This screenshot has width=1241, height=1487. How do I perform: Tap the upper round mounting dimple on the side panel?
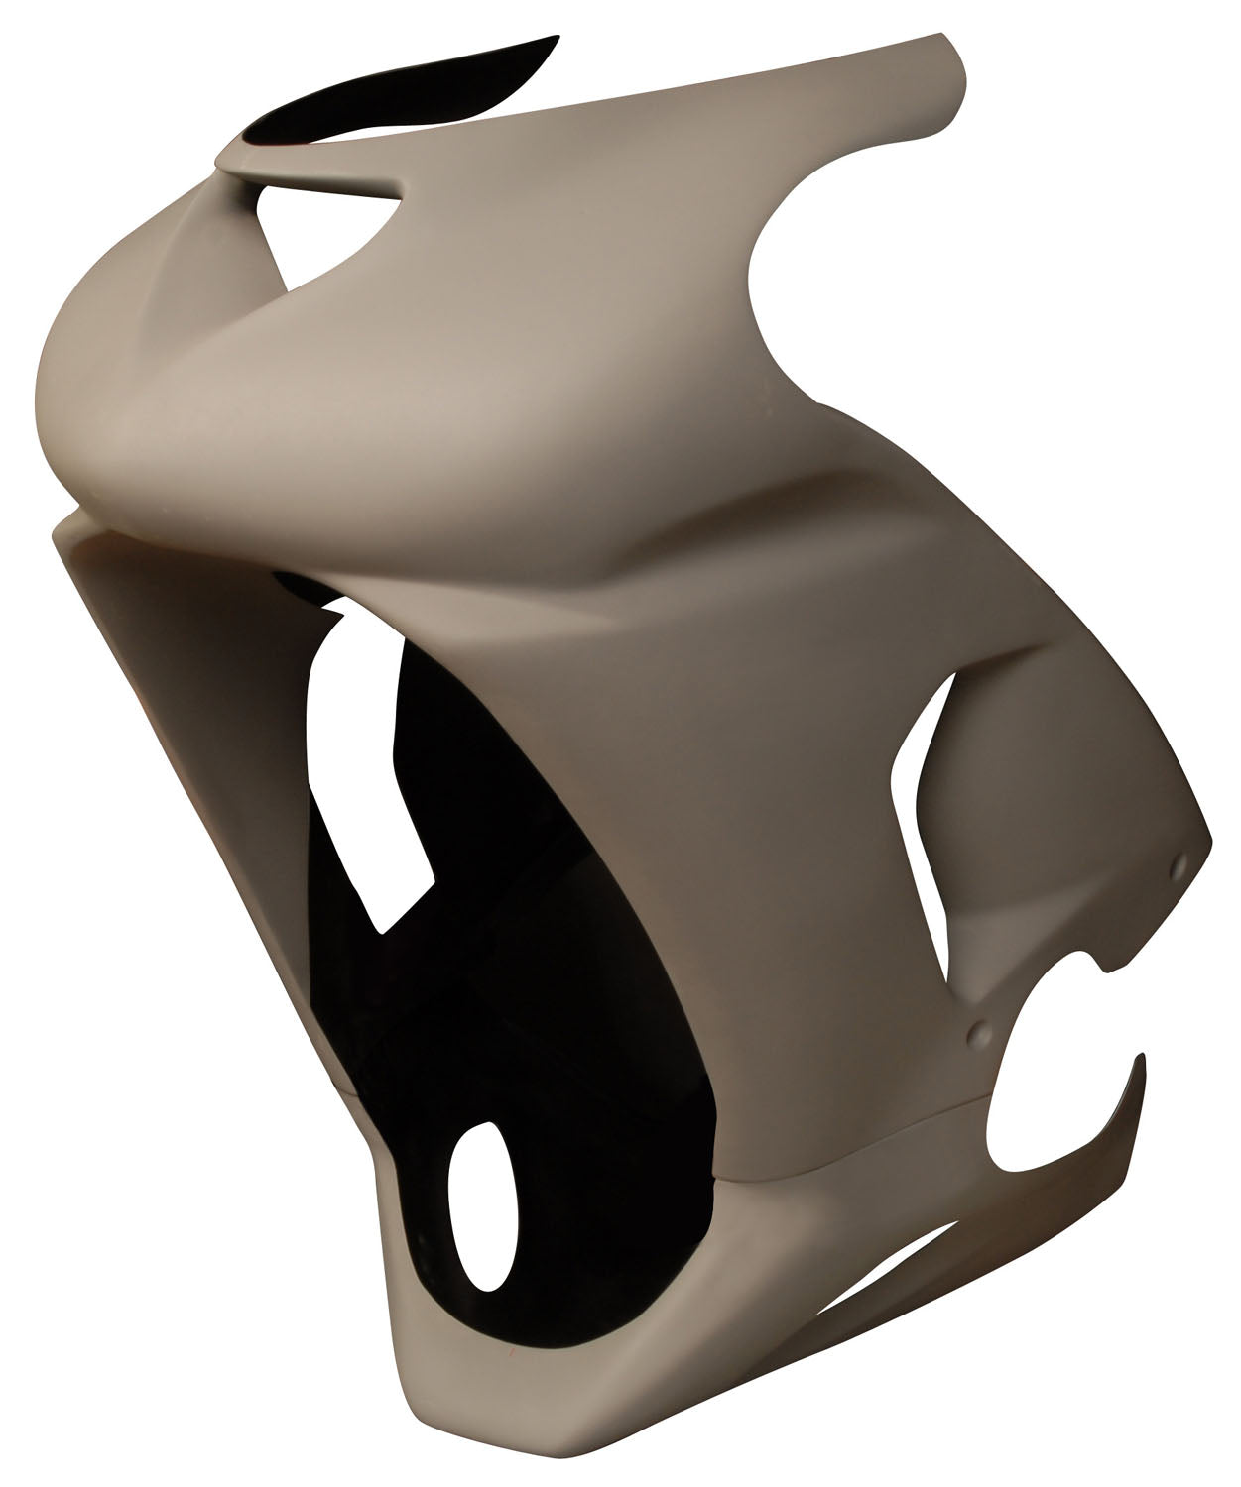(1179, 865)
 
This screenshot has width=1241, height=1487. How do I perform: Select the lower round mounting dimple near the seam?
(977, 1032)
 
